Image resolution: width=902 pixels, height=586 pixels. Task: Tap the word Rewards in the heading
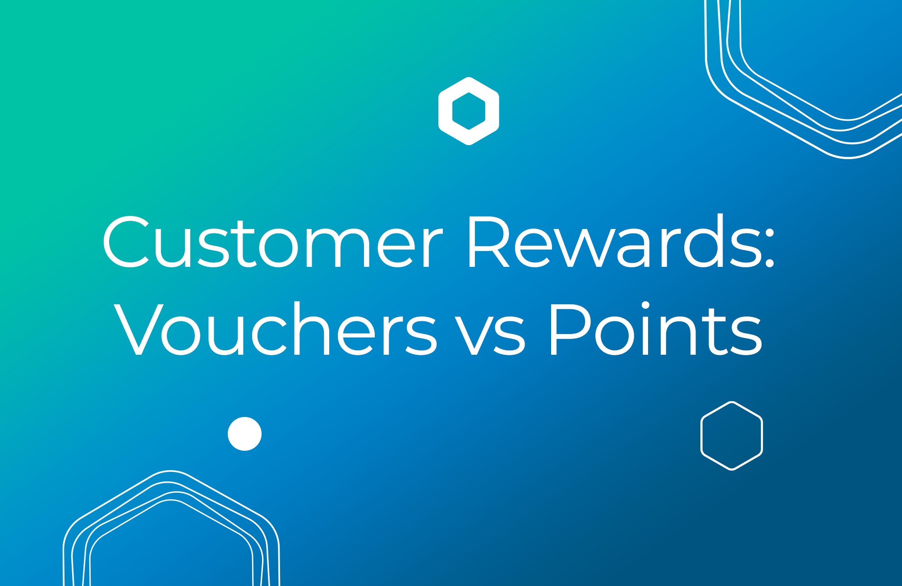pyautogui.click(x=613, y=243)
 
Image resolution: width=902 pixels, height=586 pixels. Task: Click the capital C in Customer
pyautogui.click(x=126, y=243)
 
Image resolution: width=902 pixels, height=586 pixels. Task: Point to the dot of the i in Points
pyautogui.click(x=645, y=306)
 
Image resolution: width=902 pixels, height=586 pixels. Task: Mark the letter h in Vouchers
pyautogui.click(x=311, y=329)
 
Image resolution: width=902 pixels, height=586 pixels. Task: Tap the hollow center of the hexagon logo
pyautogui.click(x=469, y=111)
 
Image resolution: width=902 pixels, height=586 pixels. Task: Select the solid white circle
pyautogui.click(x=244, y=434)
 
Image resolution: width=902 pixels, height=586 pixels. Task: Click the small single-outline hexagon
pyautogui.click(x=732, y=435)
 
